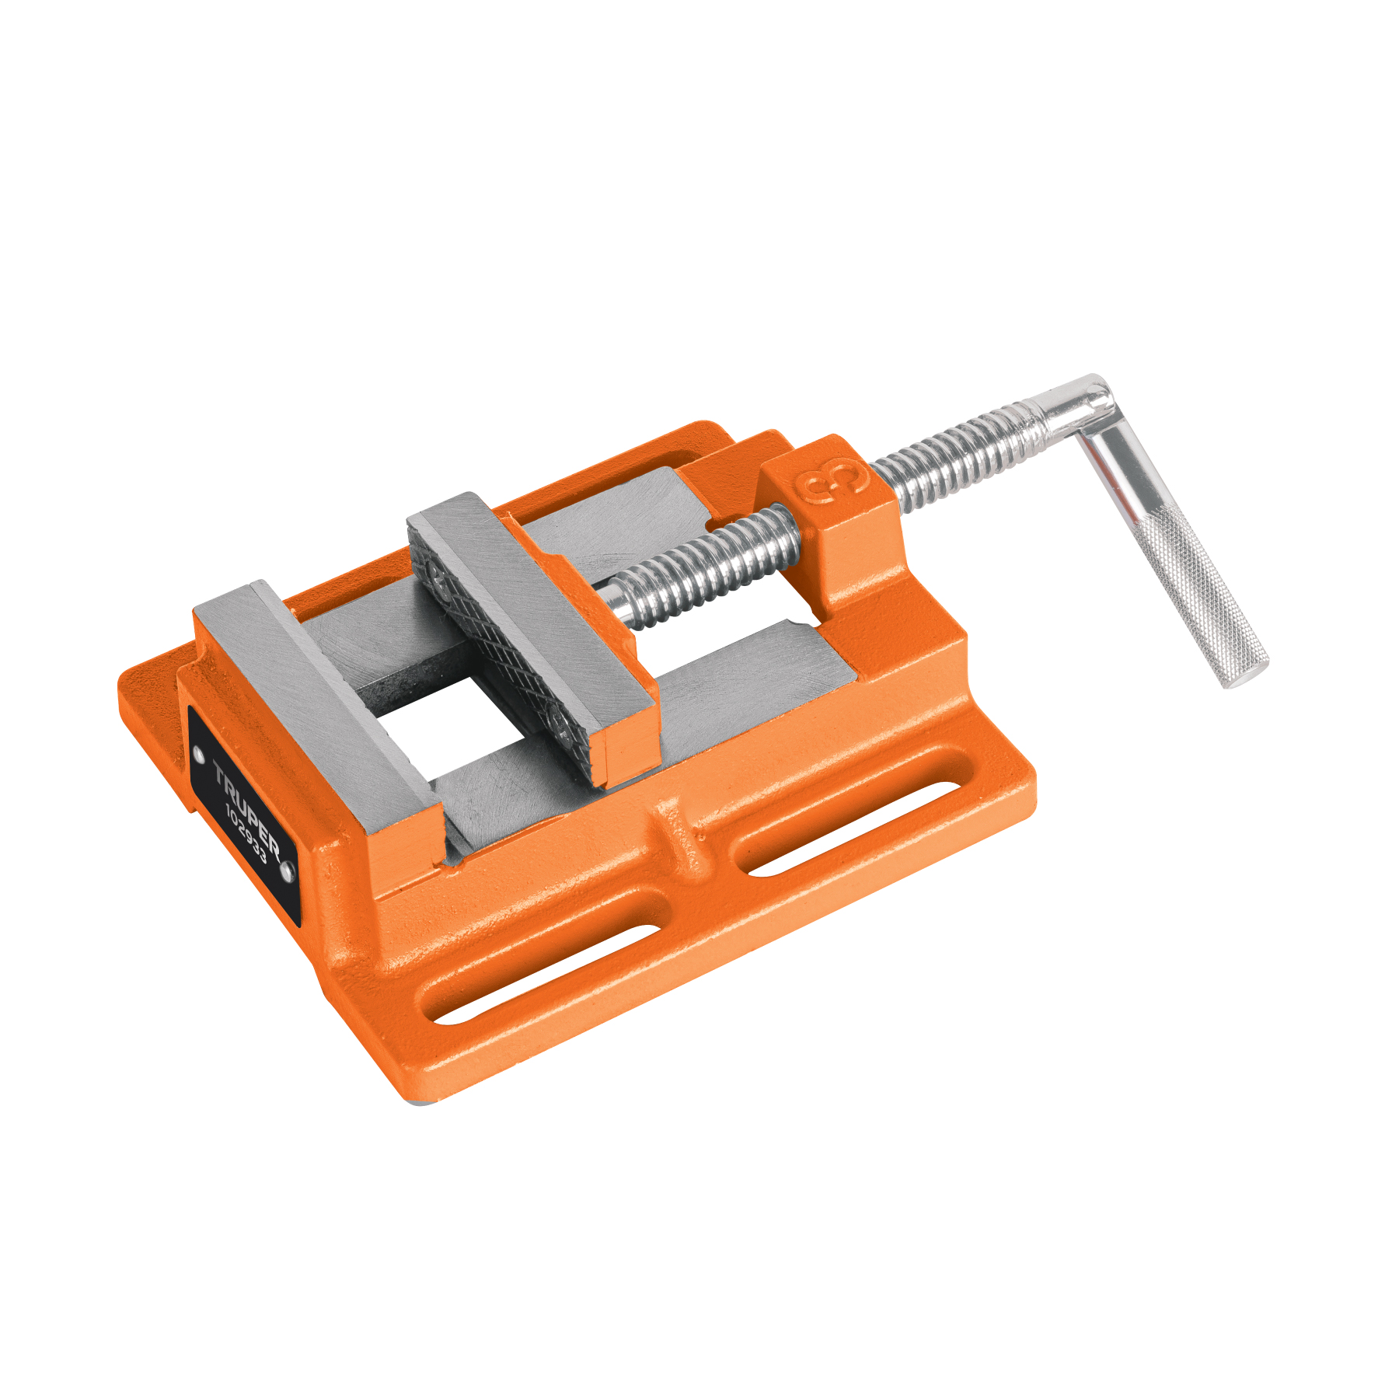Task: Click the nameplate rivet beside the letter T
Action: click(198, 752)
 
